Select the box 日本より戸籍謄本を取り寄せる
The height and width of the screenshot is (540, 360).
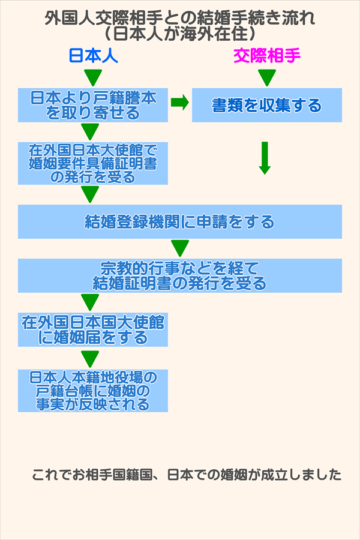point(93,105)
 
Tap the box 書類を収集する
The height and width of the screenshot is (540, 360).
point(267,105)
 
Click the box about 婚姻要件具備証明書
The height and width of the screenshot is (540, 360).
point(93,163)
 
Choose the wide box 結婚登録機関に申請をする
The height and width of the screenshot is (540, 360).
point(180,222)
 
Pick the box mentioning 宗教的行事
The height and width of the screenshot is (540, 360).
point(180,275)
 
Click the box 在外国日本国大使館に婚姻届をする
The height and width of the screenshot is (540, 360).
point(93,329)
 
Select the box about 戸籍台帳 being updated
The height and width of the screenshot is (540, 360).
point(93,390)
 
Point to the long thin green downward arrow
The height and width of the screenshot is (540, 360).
point(264,158)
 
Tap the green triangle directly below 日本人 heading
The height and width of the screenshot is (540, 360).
point(92,77)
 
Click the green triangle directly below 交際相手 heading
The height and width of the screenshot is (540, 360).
point(267,77)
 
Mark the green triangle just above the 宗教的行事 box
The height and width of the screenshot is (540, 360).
point(180,247)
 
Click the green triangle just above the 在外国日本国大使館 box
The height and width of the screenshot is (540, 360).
point(90,301)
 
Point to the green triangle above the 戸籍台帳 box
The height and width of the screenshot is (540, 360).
point(90,358)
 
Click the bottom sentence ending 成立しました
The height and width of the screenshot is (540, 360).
point(187,475)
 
